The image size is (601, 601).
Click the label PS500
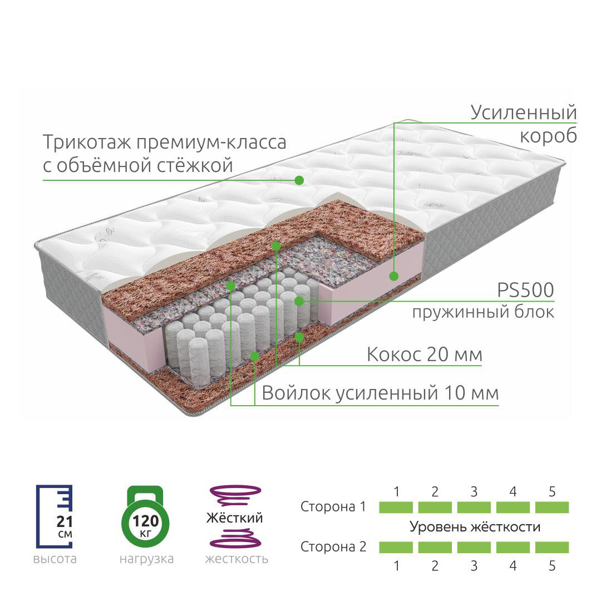(526, 290)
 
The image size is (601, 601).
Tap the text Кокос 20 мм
(424, 354)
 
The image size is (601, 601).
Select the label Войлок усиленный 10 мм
(380, 393)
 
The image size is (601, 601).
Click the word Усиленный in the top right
(523, 112)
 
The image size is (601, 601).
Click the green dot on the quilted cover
(299, 180)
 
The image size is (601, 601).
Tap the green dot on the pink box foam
(393, 275)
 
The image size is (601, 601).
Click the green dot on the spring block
(299, 301)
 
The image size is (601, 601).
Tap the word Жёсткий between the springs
(234, 518)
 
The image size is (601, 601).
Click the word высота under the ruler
(55, 559)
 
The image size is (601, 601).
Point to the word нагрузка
(146, 559)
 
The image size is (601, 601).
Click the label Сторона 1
(333, 507)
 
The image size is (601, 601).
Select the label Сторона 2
(333, 546)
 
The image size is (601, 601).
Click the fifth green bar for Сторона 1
(551, 508)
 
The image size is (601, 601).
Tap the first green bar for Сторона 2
(396, 547)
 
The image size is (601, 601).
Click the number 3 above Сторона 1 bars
(474, 491)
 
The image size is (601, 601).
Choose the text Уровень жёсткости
(475, 526)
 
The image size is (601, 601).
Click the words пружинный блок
(483, 312)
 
